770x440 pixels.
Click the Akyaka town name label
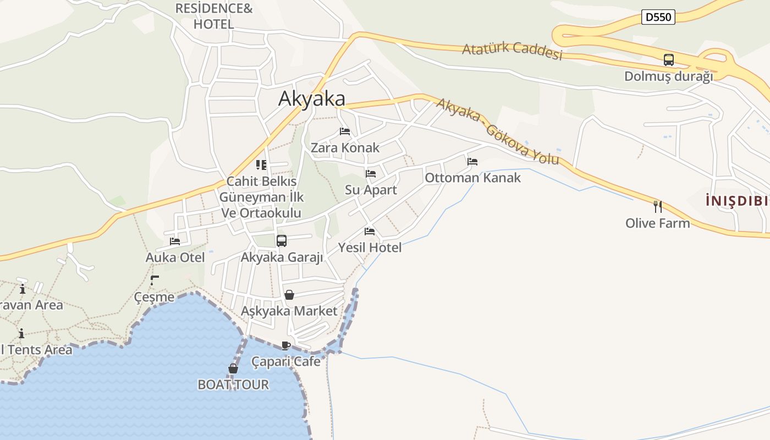[312, 98]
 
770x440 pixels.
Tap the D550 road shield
[658, 17]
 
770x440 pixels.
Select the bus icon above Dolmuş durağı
[669, 60]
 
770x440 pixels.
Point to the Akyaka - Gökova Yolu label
[498, 131]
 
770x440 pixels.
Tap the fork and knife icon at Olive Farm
[657, 207]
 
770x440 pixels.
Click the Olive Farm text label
[657, 223]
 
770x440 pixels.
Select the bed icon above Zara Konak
[345, 131]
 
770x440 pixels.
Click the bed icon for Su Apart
[371, 174]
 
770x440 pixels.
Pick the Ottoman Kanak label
[472, 178]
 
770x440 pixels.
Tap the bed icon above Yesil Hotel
[370, 232]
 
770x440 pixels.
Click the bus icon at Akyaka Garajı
[282, 241]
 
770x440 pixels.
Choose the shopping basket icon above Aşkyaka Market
[289, 295]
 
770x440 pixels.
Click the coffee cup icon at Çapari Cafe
[285, 345]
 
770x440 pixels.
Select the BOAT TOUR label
[233, 384]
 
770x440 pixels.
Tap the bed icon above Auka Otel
[175, 241]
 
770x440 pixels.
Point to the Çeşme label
[154, 297]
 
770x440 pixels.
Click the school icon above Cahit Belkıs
[261, 164]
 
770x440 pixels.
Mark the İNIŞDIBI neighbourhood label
[737, 201]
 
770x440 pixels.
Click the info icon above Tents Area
[21, 333]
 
